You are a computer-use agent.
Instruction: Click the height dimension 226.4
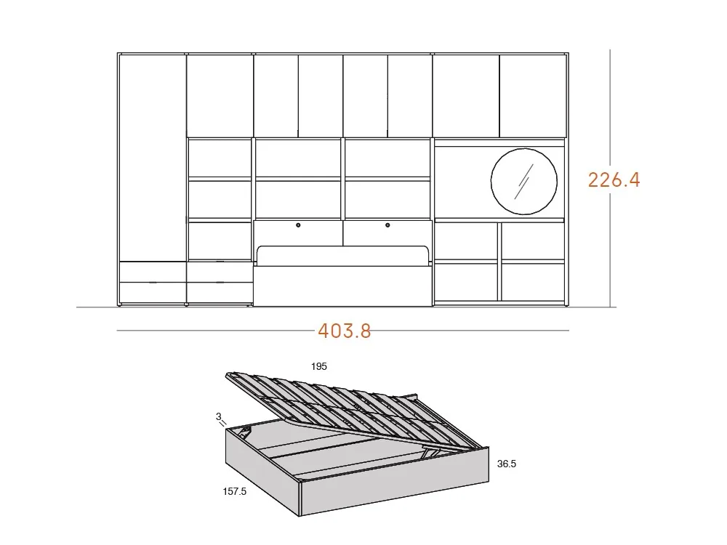614,179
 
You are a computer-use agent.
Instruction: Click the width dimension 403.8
344,331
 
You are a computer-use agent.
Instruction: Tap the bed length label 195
318,367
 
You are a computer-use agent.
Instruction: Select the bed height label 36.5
507,464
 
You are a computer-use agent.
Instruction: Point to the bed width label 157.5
234,492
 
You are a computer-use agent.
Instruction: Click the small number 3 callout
218,416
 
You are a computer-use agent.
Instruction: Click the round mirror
523,182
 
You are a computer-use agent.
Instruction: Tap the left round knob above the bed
298,226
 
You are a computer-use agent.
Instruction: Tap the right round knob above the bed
387,226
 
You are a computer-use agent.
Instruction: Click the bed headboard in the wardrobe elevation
342,257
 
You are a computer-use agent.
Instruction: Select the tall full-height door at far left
152,157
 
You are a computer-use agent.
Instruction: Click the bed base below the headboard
342,287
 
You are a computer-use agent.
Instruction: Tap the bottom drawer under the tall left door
152,292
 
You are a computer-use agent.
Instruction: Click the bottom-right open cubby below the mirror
533,282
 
